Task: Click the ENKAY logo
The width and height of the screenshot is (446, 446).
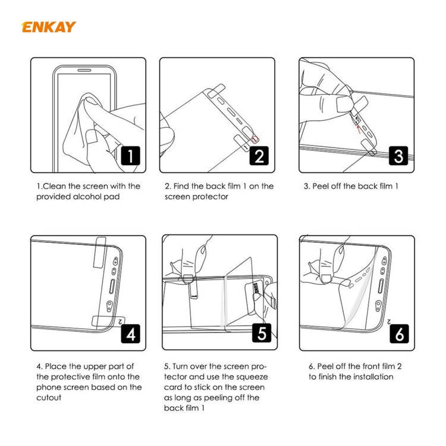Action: click(x=49, y=27)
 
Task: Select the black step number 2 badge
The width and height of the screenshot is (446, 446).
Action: click(x=259, y=156)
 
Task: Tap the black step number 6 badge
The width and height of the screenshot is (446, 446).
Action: click(x=398, y=334)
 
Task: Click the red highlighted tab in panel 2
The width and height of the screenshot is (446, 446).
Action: click(x=256, y=139)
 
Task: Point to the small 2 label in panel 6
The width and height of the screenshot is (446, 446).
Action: click(x=390, y=321)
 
